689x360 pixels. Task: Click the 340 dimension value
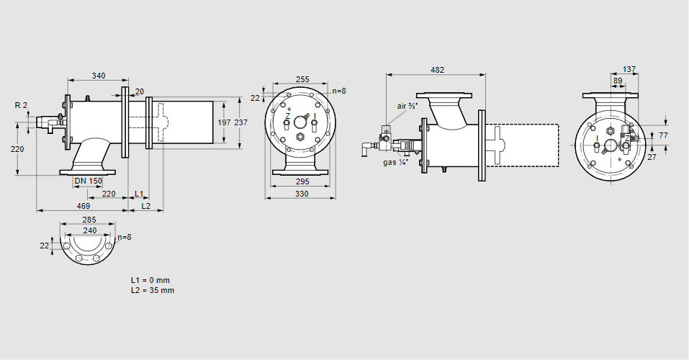pyautogui.click(x=99, y=75)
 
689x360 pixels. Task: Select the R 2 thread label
pyautogui.click(x=21, y=105)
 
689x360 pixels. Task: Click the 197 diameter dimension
pyautogui.click(x=224, y=122)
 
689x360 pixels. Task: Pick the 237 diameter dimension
pyautogui.click(x=240, y=122)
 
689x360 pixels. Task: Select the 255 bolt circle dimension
pyautogui.click(x=302, y=79)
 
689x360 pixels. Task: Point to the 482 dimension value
pyautogui.click(x=437, y=70)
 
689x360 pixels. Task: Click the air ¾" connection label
pyautogui.click(x=407, y=106)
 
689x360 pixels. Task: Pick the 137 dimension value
pyautogui.click(x=629, y=69)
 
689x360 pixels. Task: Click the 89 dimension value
pyautogui.click(x=618, y=81)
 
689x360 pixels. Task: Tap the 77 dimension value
pyautogui.click(x=664, y=135)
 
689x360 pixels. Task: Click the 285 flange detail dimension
pyautogui.click(x=89, y=219)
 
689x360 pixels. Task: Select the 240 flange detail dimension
pyautogui.click(x=89, y=230)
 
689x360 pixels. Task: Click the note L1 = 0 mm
pyautogui.click(x=150, y=279)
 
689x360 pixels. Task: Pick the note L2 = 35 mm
pyautogui.click(x=153, y=290)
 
